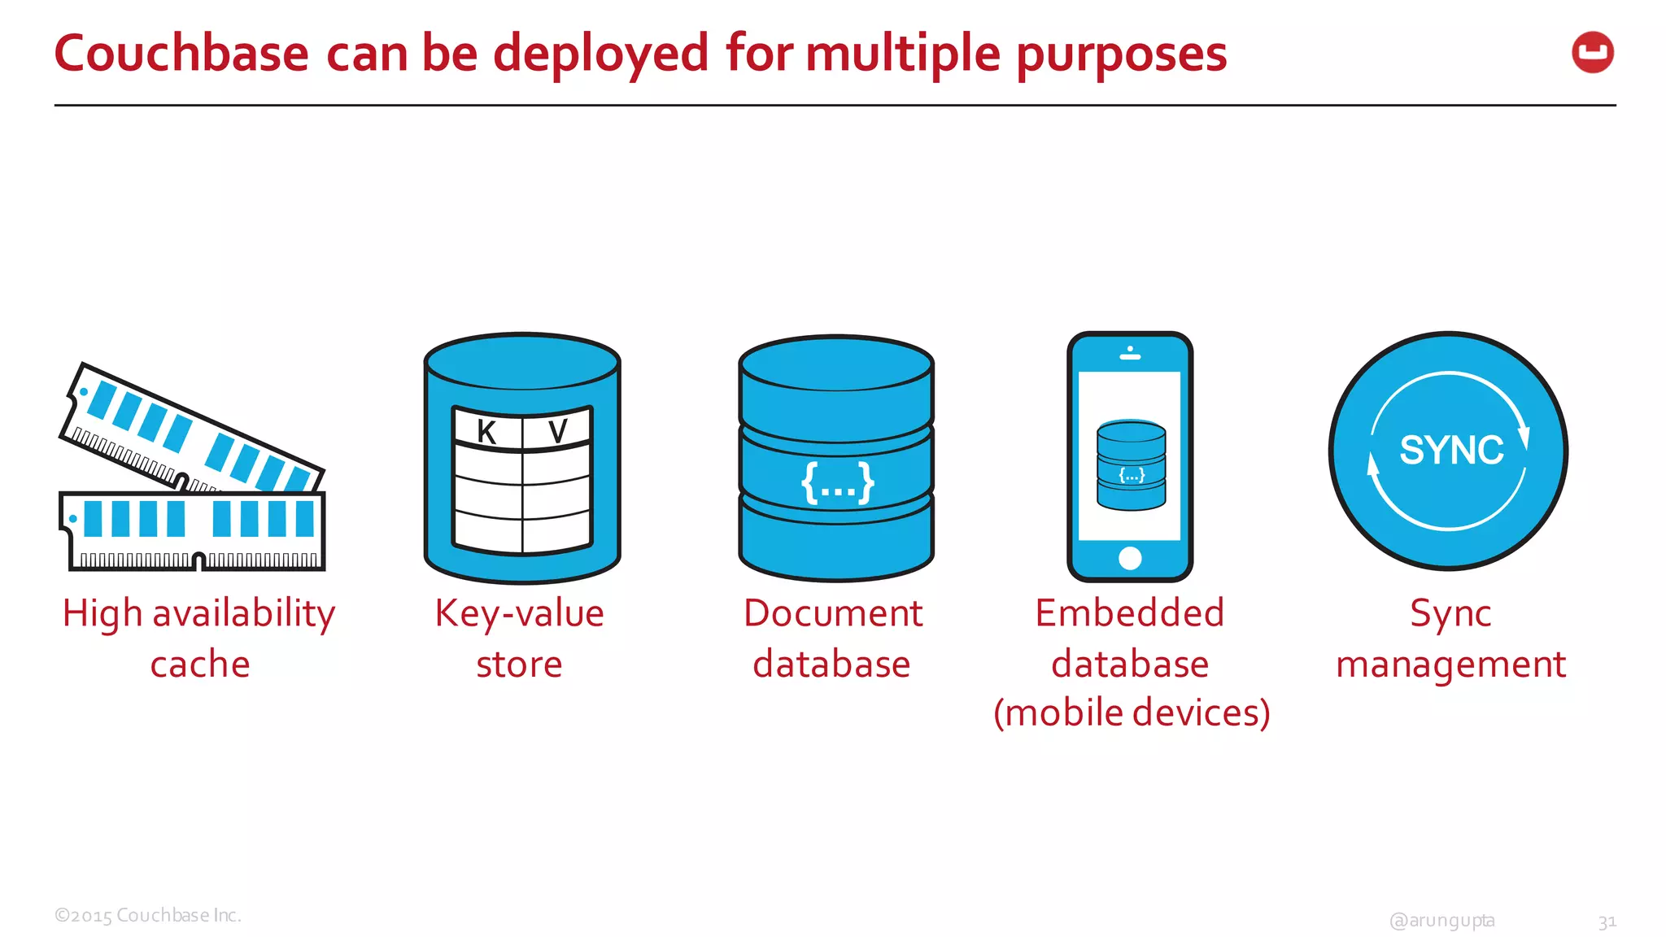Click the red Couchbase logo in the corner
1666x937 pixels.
pos(1592,53)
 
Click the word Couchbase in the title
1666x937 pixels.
pos(181,54)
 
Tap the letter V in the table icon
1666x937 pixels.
pos(557,432)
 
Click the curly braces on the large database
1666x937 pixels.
pos(837,482)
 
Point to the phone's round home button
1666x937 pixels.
pos(1130,558)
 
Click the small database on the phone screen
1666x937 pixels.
pos(1131,465)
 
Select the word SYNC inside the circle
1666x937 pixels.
pos(1451,450)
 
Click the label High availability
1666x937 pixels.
pos(199,613)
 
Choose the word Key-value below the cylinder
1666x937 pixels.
pos(520,613)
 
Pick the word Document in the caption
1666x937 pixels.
pos(833,613)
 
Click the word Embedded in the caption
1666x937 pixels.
pos(1130,613)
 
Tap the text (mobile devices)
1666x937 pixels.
pos(1132,713)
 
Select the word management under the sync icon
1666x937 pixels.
pos(1450,665)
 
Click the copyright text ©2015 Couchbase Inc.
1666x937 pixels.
pos(148,915)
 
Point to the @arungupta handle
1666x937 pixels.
pos(1442,920)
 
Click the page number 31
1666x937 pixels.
pos(1607,922)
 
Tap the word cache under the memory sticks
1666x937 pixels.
pos(200,665)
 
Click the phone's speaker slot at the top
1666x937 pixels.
pos(1130,355)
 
